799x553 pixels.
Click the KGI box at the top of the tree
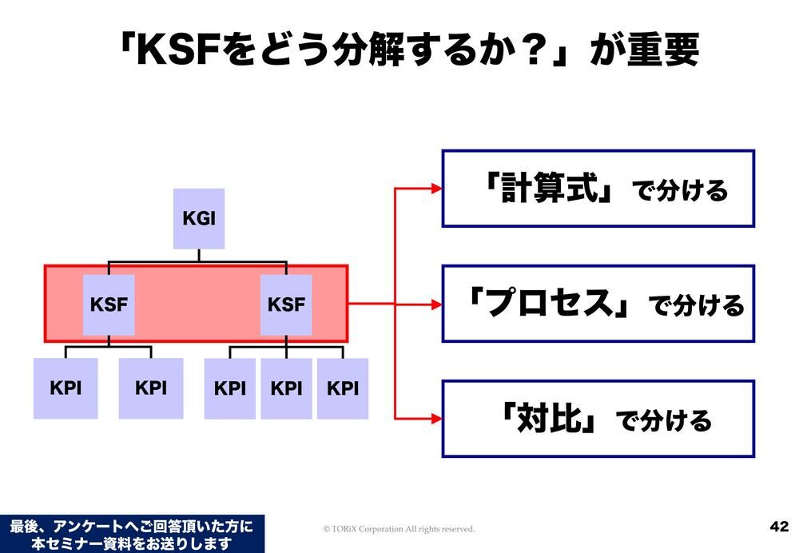[x=199, y=218]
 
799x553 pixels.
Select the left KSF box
[x=109, y=304]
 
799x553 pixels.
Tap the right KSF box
[x=286, y=304]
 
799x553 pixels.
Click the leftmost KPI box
[x=66, y=388]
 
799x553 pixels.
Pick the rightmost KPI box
[x=343, y=388]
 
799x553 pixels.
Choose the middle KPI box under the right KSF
[x=286, y=388]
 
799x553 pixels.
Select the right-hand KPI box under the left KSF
[x=151, y=388]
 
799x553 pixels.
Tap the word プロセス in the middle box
[x=554, y=304]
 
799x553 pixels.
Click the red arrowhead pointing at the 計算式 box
[x=435, y=189]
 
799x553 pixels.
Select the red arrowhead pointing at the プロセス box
[x=435, y=304]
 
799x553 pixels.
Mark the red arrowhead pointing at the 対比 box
[x=435, y=418]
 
